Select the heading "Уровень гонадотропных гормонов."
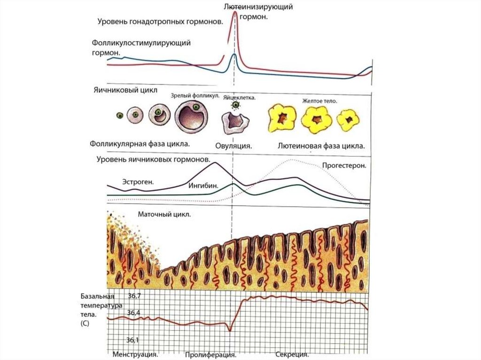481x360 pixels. pyautogui.click(x=160, y=22)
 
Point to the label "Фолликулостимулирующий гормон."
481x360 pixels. pyautogui.click(x=141, y=47)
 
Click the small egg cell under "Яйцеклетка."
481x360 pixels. pyautogui.click(x=233, y=106)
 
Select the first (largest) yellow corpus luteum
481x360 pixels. pyautogui.click(x=281, y=117)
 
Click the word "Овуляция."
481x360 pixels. pyautogui.click(x=234, y=146)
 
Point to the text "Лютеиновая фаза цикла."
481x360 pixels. pyautogui.click(x=321, y=146)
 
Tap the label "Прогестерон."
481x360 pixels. pyautogui.click(x=344, y=165)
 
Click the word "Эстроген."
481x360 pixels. pyautogui.click(x=138, y=181)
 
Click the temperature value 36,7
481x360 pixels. pyautogui.click(x=135, y=296)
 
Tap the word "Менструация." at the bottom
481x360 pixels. pyautogui.click(x=134, y=354)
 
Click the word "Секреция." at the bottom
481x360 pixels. pyautogui.click(x=292, y=354)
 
